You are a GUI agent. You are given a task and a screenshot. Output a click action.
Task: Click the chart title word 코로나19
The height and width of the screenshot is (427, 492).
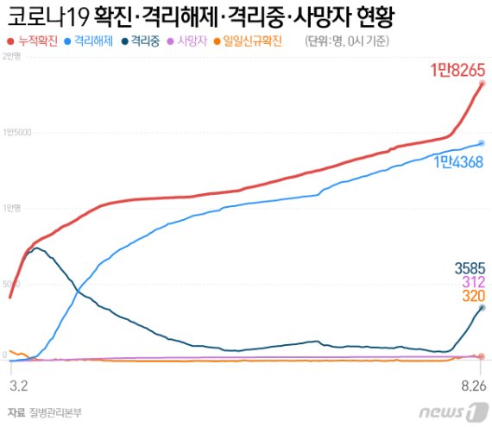tap(45, 17)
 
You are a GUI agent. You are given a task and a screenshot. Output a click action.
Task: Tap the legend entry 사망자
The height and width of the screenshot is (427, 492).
tap(192, 41)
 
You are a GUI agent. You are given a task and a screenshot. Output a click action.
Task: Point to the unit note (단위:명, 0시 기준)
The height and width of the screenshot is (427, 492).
tap(348, 41)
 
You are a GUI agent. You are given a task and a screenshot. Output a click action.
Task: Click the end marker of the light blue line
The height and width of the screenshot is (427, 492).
tap(482, 143)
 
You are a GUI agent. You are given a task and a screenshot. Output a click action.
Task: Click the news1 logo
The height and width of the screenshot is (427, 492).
tap(454, 410)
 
